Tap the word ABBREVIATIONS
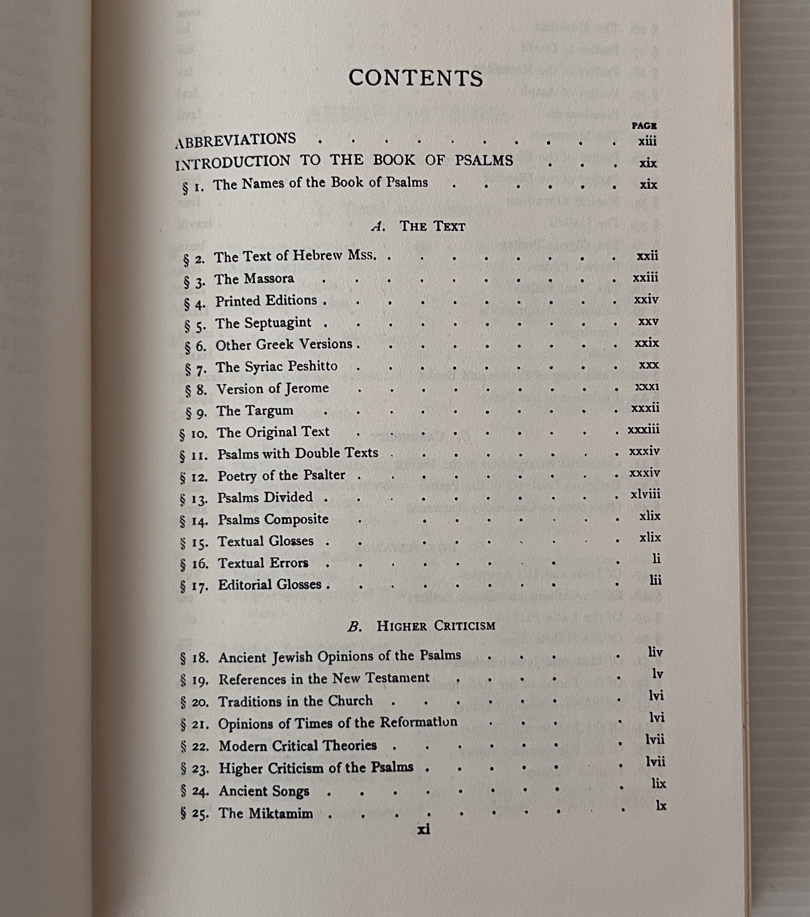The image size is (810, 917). click(236, 140)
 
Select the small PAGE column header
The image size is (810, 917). click(644, 126)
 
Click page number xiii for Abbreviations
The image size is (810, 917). click(647, 141)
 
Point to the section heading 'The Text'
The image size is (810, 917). click(432, 227)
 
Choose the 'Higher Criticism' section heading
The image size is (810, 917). click(436, 626)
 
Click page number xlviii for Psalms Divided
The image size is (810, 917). click(645, 495)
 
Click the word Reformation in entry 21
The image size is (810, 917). click(419, 722)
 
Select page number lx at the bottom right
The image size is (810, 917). click(661, 806)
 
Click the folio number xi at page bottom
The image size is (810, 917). click(423, 830)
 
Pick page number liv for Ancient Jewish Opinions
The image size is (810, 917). click(655, 652)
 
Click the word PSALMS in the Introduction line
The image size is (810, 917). click(484, 160)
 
